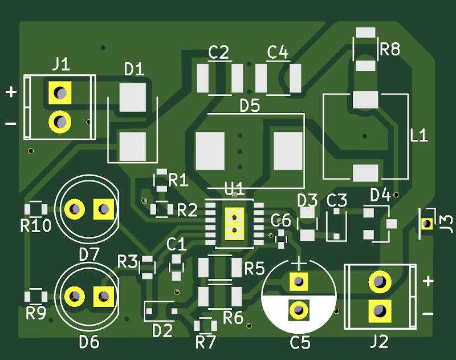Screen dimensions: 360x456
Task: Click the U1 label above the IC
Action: click(x=234, y=188)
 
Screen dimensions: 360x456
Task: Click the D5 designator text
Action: click(x=249, y=106)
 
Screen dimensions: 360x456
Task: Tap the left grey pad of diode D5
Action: click(x=210, y=151)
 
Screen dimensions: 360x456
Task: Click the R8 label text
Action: click(x=390, y=50)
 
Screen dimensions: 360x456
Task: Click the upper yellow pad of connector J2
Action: click(x=379, y=281)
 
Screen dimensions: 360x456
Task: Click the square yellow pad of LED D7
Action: click(x=104, y=209)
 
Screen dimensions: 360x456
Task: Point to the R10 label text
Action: click(x=35, y=226)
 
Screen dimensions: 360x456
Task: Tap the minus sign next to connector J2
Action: click(x=429, y=314)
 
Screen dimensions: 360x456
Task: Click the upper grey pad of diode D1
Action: click(x=133, y=97)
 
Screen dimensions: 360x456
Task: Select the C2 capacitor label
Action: click(x=218, y=53)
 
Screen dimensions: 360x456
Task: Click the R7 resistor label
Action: click(x=206, y=342)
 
